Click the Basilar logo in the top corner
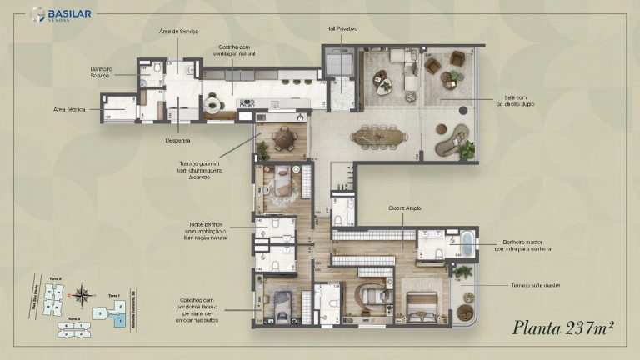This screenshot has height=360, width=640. pyautogui.click(x=60, y=15)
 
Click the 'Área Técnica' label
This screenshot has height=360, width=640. pyautogui.click(x=71, y=108)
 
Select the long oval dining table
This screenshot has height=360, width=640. pyautogui.click(x=380, y=136)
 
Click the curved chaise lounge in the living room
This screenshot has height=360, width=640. pyautogui.click(x=454, y=140)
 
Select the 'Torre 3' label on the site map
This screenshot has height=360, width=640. pyautogui.click(x=74, y=317)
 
